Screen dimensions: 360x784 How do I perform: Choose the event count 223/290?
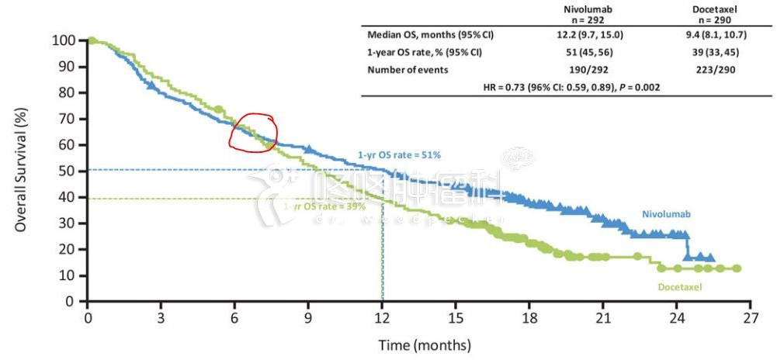(x=716, y=70)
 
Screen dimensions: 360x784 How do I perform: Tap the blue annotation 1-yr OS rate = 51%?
(x=399, y=155)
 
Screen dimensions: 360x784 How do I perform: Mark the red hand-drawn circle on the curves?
(x=255, y=133)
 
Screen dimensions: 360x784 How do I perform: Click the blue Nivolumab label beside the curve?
(x=666, y=212)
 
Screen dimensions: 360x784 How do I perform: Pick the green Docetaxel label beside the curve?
(x=680, y=287)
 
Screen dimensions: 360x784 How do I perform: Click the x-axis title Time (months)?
(x=424, y=344)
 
